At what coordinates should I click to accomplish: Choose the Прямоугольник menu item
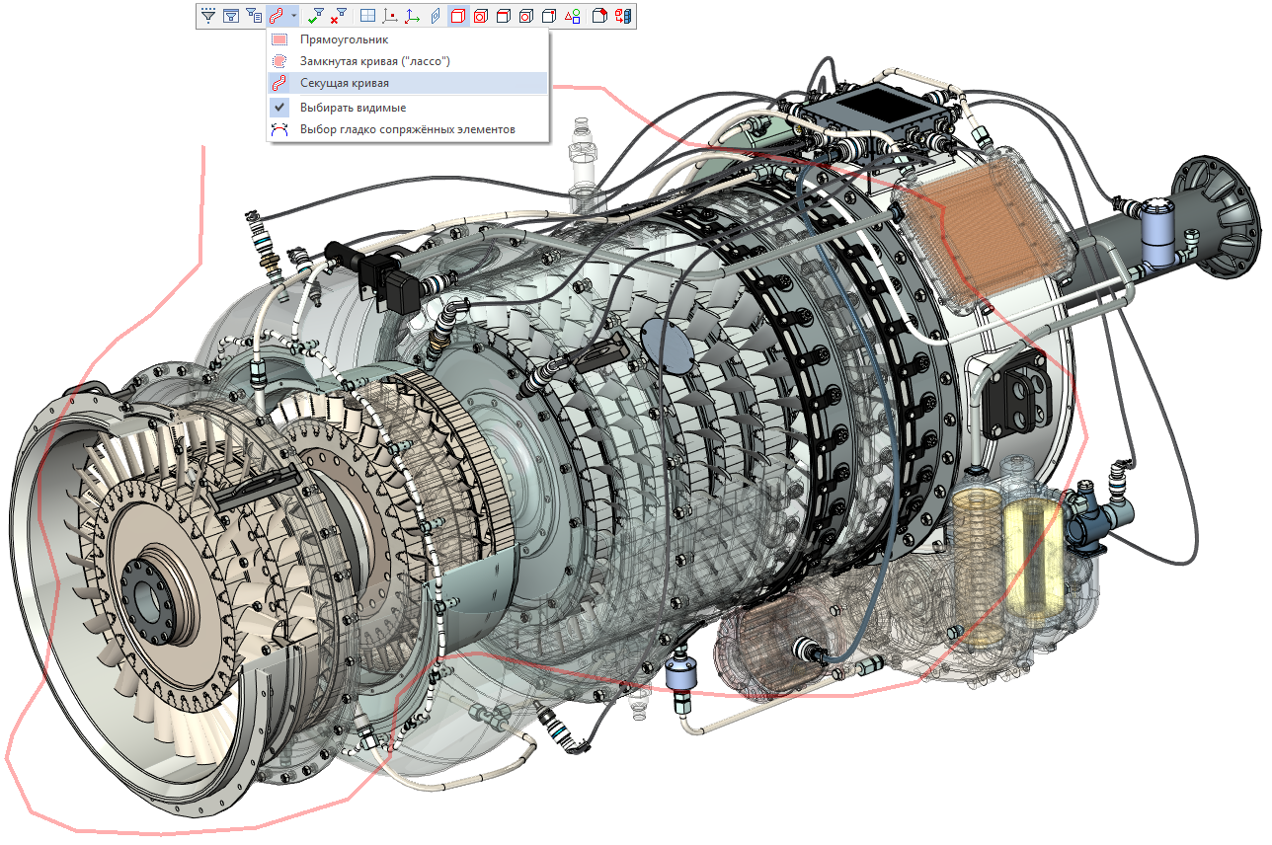pos(344,39)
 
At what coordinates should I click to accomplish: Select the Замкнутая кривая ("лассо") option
pos(375,61)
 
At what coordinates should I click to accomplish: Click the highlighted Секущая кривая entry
pos(344,83)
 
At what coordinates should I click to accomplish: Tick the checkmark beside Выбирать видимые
pos(278,107)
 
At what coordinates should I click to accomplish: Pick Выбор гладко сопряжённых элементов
pos(407,129)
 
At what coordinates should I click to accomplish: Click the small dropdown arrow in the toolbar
pos(293,16)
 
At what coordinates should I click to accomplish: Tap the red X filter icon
pos(339,16)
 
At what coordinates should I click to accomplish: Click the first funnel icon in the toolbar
pos(207,16)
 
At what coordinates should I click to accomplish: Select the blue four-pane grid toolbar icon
pos(367,16)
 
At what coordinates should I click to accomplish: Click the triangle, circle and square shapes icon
pos(573,16)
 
